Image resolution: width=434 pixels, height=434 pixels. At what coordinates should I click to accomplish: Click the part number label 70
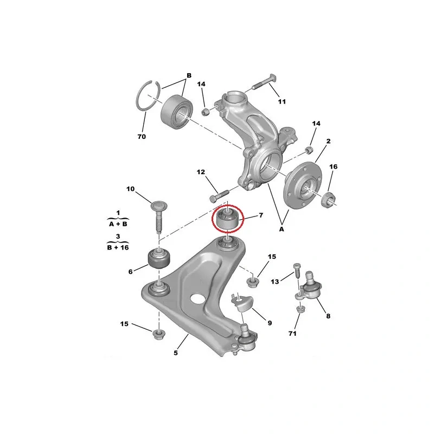pos(142,137)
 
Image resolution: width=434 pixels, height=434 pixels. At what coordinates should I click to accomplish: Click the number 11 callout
pos(282,102)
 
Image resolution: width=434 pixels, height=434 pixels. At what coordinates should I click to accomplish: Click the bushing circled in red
pos(227,219)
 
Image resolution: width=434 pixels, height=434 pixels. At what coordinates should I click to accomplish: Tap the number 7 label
pos(261,215)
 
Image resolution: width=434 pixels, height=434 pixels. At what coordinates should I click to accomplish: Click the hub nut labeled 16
pos(328,199)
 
